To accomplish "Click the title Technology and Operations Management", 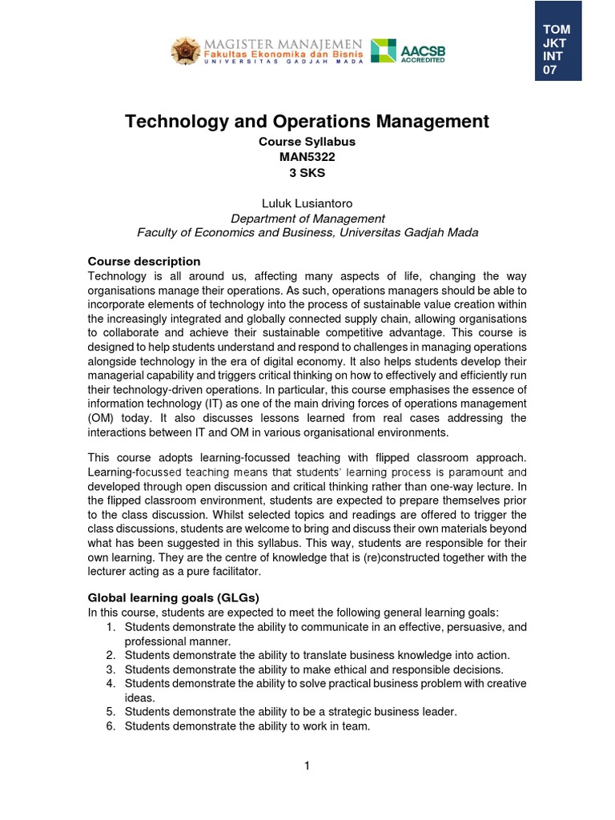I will (x=307, y=121).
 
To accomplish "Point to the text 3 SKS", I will (x=307, y=171).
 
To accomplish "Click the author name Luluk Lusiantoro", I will (x=307, y=203).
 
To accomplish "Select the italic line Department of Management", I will (x=307, y=218).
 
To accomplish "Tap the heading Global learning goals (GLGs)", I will (x=174, y=597).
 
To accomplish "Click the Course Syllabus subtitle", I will (x=307, y=141).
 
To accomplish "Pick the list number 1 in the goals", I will (x=111, y=626).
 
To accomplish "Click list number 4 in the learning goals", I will (x=111, y=683).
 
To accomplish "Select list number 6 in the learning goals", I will (x=111, y=726).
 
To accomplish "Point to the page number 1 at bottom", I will (x=307, y=766).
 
